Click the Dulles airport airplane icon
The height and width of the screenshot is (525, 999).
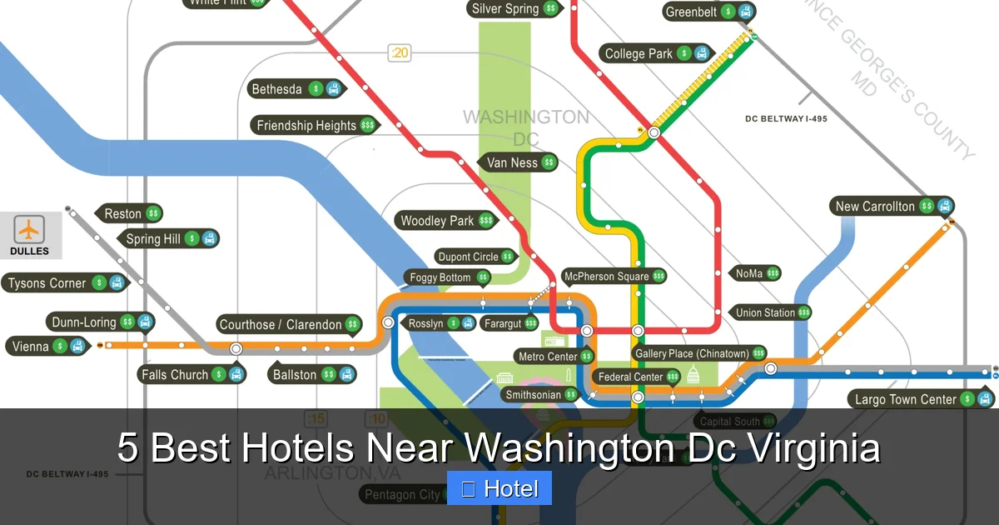tap(30, 228)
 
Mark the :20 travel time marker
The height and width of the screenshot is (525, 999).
tap(400, 53)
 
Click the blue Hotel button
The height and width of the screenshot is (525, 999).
tap(499, 489)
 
